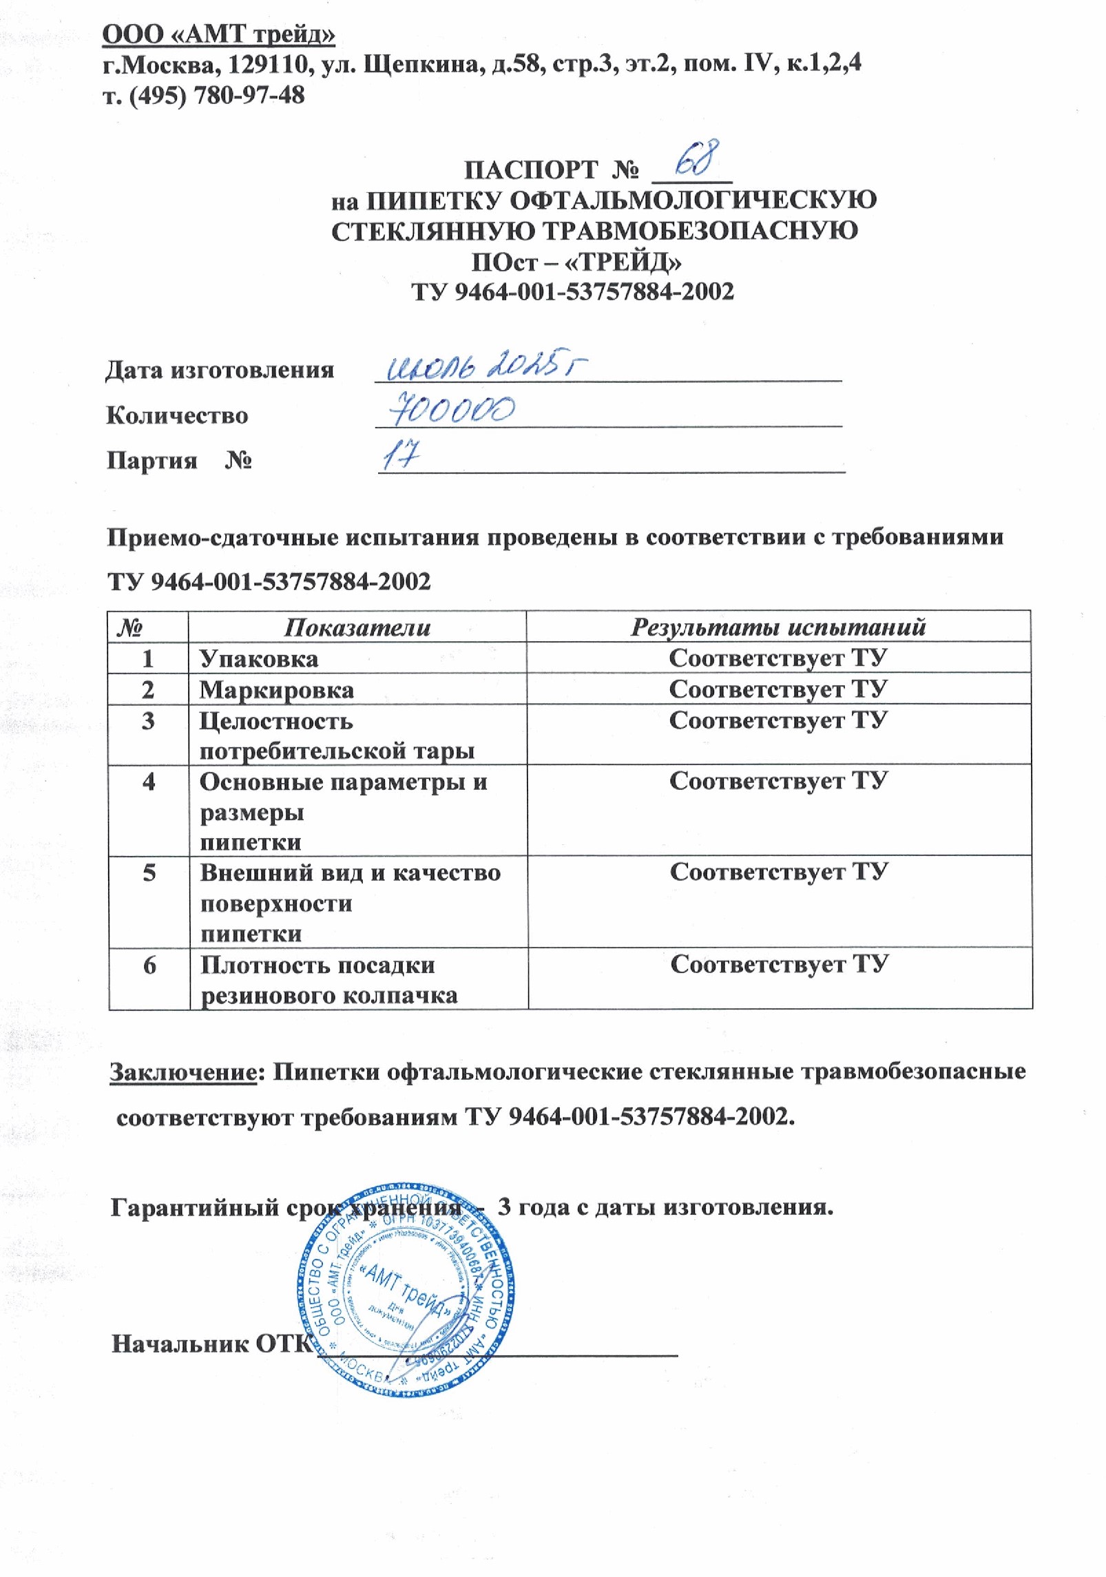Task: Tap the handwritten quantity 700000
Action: click(452, 412)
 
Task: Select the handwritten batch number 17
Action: click(401, 456)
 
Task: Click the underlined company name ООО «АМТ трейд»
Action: click(219, 34)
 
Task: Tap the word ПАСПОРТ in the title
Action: click(531, 169)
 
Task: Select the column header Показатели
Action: click(357, 627)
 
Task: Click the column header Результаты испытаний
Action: click(778, 627)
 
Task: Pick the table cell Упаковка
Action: click(259, 659)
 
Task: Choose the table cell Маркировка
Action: click(277, 690)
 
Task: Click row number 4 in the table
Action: click(148, 782)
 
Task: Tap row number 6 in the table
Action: click(149, 965)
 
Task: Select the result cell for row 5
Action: click(778, 873)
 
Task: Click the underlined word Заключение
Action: click(183, 1072)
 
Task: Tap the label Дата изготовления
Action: click(220, 370)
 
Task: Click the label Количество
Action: click(177, 415)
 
